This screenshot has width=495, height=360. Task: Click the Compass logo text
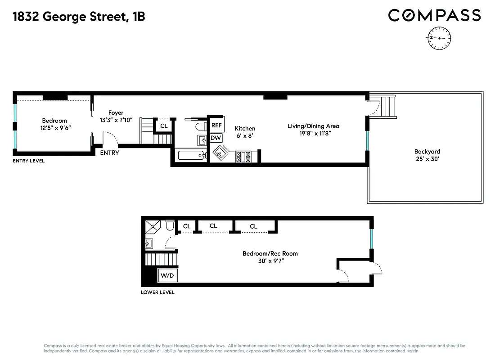coord(434,15)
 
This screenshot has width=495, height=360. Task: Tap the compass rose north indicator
coord(439,38)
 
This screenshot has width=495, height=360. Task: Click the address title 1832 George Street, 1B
coord(79,17)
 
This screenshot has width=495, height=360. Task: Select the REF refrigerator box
coord(216,125)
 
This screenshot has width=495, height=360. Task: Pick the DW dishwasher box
coord(216,138)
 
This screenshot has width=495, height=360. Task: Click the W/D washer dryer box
coord(167,275)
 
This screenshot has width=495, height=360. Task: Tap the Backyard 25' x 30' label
coord(427,155)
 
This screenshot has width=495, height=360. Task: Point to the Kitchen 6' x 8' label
coord(245,132)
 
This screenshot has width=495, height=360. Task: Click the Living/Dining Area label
coord(313,130)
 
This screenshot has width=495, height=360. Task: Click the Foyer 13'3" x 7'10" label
coord(116,117)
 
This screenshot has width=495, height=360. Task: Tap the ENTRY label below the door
coord(109,153)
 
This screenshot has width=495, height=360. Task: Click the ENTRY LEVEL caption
coord(28,161)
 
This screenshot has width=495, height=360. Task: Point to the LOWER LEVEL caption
coord(157,292)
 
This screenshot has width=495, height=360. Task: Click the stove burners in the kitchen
coord(243,157)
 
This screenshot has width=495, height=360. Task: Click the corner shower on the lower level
coord(153,227)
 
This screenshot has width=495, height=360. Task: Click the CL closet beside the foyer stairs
coord(164,126)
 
